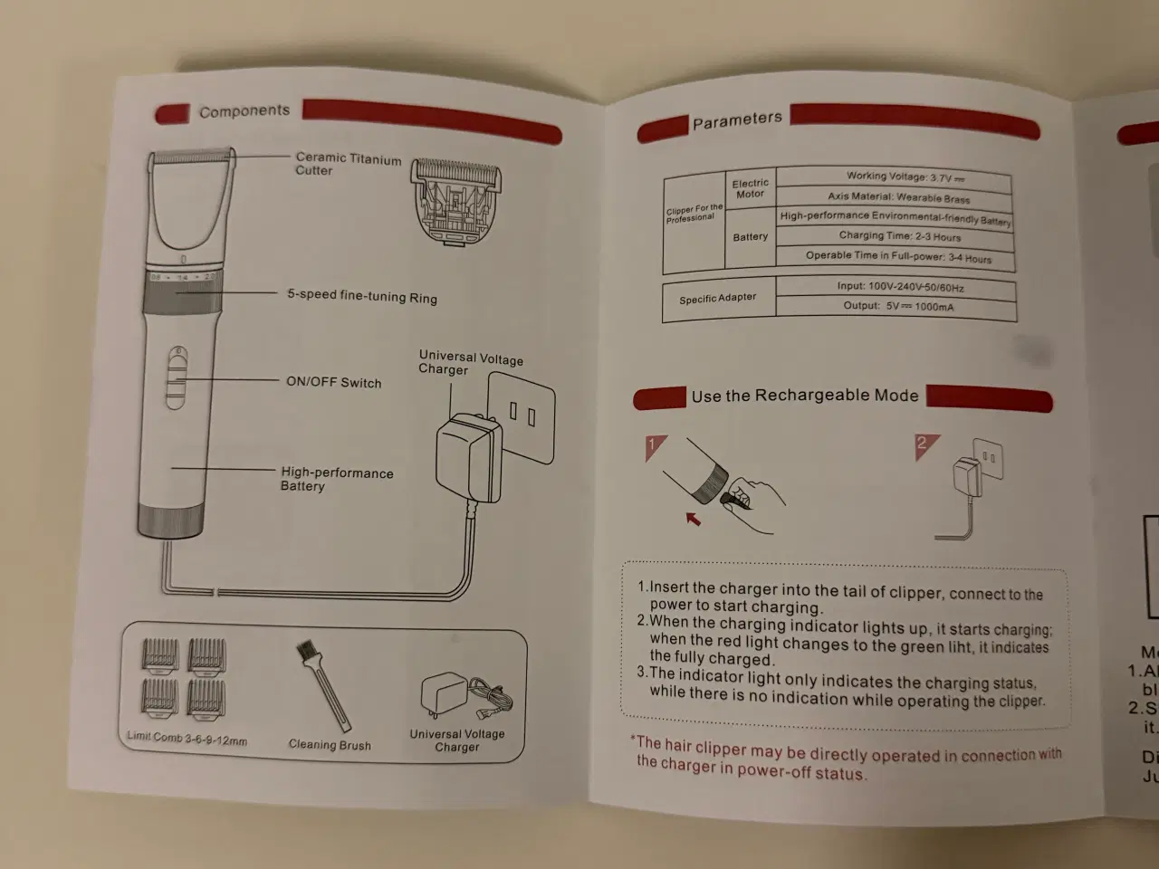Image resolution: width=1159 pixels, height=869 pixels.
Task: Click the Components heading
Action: (244, 111)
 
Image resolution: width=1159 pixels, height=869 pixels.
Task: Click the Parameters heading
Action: (736, 120)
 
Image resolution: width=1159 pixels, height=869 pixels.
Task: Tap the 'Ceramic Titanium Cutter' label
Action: (348, 164)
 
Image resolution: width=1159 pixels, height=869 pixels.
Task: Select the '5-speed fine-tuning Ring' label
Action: (361, 296)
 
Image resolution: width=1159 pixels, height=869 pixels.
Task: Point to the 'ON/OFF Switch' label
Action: (333, 382)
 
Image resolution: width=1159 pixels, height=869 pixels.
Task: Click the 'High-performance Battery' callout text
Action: (336, 479)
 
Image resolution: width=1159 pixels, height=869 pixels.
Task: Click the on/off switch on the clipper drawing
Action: (177, 377)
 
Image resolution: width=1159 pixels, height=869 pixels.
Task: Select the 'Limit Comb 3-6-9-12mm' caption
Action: (187, 739)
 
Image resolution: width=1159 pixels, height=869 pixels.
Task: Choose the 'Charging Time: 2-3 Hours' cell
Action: (899, 236)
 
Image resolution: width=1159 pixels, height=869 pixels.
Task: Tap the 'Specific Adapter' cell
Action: (717, 298)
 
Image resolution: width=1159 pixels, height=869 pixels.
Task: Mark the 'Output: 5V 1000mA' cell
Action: (897, 306)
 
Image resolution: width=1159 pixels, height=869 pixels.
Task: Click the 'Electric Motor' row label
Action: (750, 188)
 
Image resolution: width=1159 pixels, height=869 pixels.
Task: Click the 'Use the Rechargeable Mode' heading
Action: (804, 396)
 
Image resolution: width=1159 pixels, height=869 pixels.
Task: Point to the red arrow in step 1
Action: (693, 519)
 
